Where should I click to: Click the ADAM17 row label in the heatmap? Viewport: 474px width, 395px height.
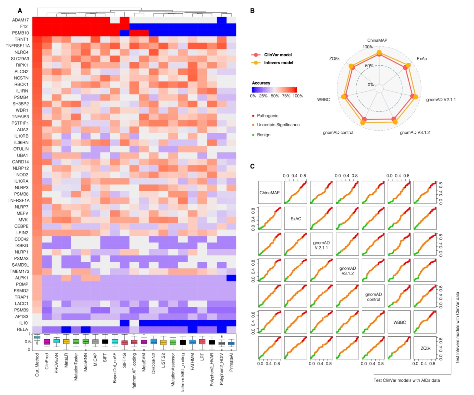click(20, 20)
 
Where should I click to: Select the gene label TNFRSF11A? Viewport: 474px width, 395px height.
click(18, 46)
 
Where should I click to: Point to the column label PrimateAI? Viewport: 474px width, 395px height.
click(231, 362)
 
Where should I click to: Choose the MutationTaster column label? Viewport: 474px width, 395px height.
click(76, 367)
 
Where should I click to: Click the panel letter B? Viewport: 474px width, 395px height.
click(252, 11)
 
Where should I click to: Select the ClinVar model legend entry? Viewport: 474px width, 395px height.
click(278, 55)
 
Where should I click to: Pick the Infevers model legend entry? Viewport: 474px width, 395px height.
click(278, 63)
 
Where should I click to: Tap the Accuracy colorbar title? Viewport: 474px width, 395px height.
click(261, 83)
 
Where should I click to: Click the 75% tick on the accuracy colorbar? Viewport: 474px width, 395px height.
click(286, 96)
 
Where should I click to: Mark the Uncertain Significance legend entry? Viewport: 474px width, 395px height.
click(278, 125)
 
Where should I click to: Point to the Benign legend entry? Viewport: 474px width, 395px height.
click(264, 135)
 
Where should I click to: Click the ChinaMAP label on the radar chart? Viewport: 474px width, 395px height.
click(377, 40)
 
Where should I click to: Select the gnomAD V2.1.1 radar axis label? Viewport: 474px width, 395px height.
click(441, 99)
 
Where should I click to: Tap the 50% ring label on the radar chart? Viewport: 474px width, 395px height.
click(369, 66)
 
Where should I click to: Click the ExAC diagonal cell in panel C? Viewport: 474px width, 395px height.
click(296, 219)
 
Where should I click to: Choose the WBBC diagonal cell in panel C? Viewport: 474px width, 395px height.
click(399, 322)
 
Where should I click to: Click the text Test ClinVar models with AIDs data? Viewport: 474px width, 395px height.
click(406, 380)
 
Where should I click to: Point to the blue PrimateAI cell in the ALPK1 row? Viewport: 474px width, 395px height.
click(231, 278)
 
